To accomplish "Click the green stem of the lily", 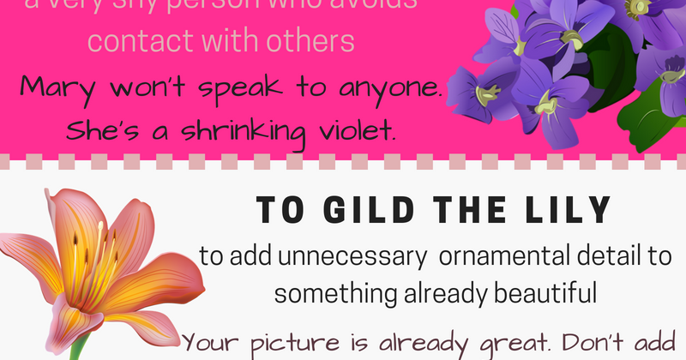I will [x=78, y=347].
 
